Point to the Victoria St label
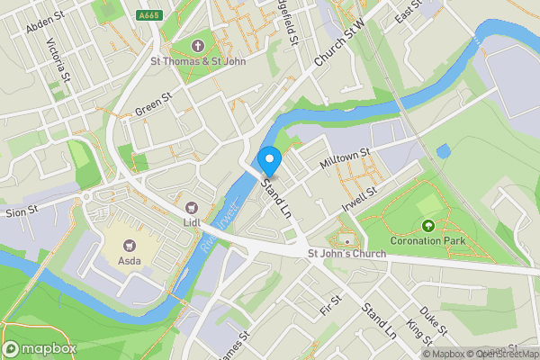coord(57,57)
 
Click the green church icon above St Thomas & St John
coord(199,46)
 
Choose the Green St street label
coord(153,103)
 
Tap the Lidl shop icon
coord(192,208)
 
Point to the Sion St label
coord(21,210)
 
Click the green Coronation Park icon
coord(427,226)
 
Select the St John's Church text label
coord(346,255)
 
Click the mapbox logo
coord(40,348)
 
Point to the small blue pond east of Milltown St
coord(442,151)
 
